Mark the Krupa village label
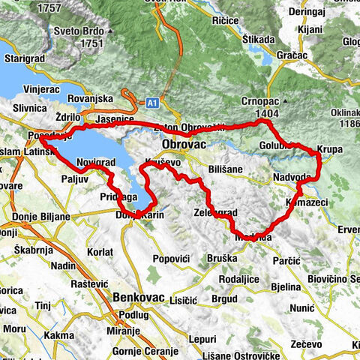[329, 150]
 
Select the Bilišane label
[226, 170]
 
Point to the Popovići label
[174, 259]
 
